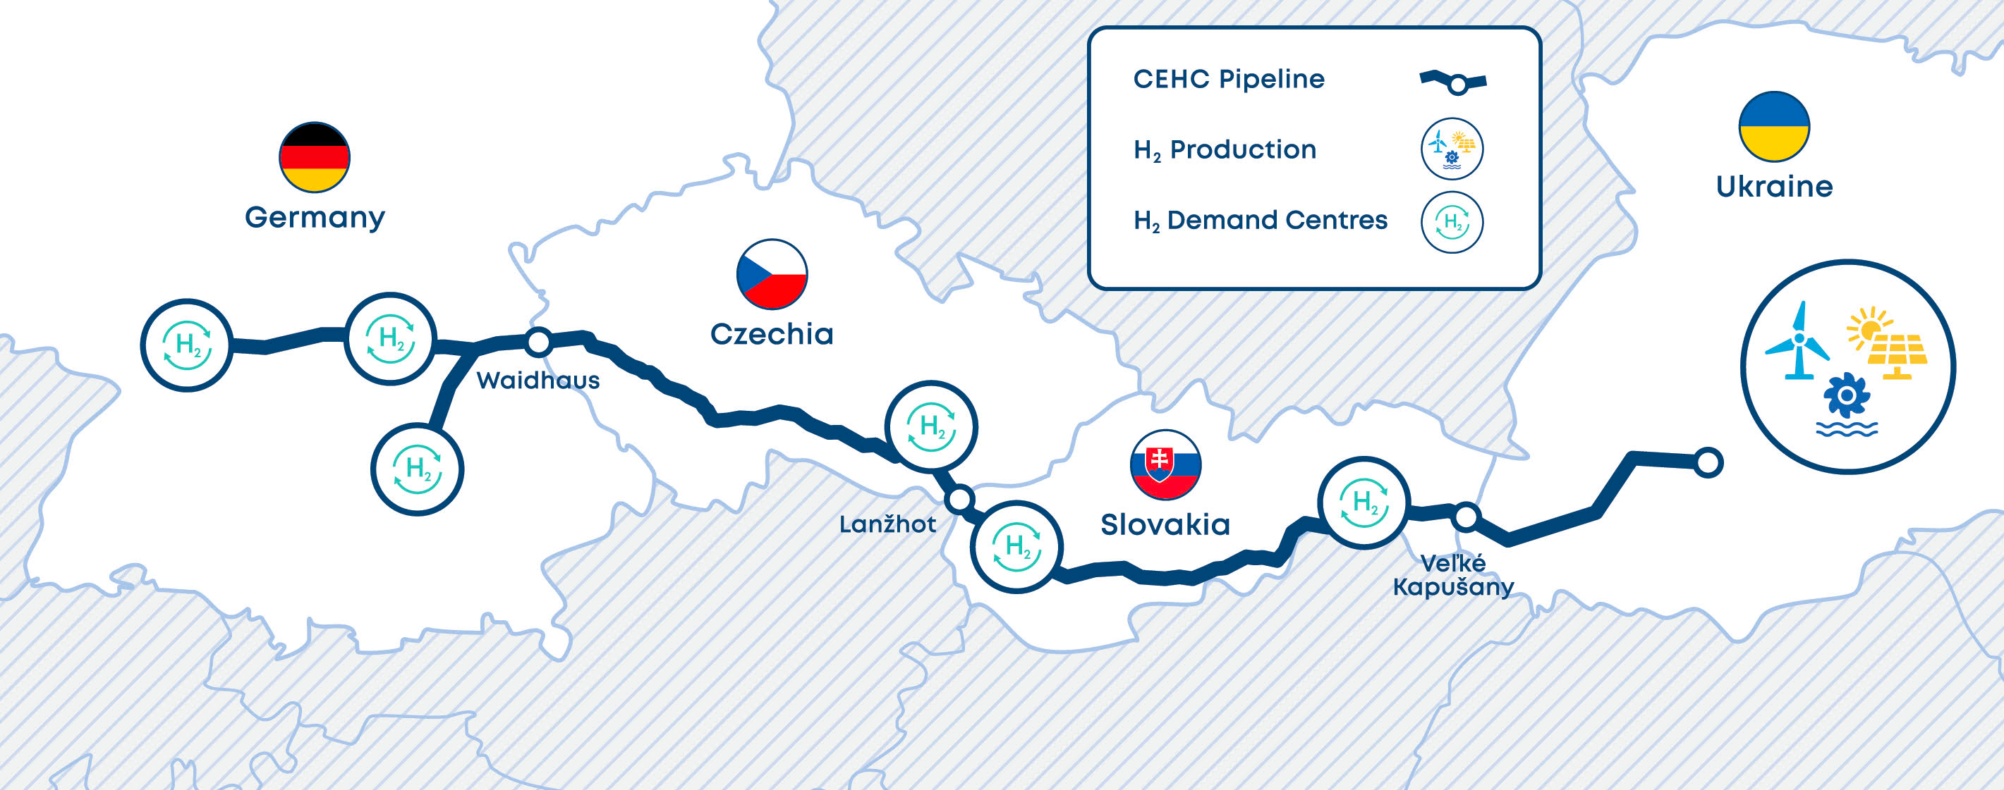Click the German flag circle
point(315,157)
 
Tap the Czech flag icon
point(772,273)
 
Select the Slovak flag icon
point(1165,465)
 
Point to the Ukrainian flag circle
point(1775,127)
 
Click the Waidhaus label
point(538,381)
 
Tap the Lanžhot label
point(887,524)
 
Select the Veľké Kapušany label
point(1453,575)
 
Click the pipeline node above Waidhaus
point(538,340)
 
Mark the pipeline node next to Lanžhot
point(960,498)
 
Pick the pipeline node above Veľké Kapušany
point(1466,517)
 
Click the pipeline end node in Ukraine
point(1708,462)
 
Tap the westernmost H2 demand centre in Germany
point(187,345)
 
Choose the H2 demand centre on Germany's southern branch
point(418,469)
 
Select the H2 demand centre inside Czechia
point(932,427)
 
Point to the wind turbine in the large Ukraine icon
point(1797,341)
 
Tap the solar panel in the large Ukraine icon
point(1897,354)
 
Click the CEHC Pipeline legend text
point(1228,78)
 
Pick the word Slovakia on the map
point(1165,525)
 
